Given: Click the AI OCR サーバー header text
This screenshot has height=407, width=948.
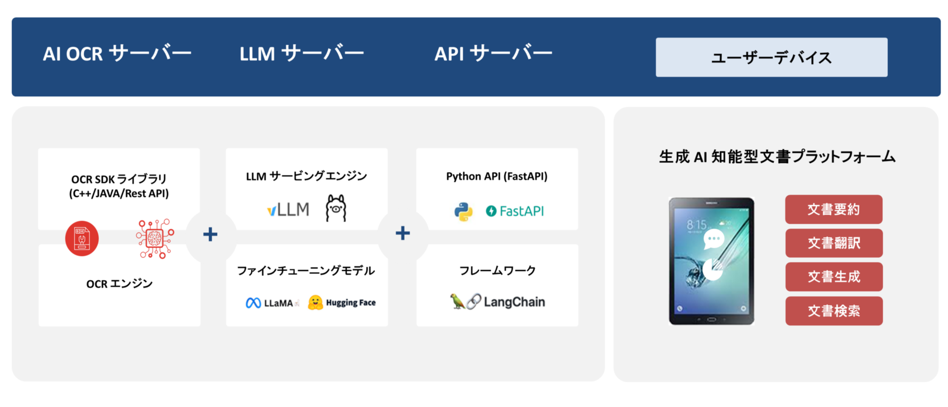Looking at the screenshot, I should (x=117, y=53).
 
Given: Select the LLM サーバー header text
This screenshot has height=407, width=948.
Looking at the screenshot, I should (x=301, y=53).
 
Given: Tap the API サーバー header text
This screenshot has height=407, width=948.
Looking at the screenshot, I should (x=493, y=53).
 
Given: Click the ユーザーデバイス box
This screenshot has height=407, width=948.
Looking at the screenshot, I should (x=771, y=57).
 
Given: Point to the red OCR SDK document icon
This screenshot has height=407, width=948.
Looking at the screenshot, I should (x=82, y=238).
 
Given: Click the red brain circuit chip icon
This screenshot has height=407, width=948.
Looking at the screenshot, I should (x=155, y=238).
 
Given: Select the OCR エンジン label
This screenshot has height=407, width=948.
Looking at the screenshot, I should (x=119, y=284).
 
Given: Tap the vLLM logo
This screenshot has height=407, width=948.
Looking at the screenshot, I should (x=288, y=210).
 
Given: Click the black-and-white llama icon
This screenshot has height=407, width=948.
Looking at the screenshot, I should (x=336, y=208).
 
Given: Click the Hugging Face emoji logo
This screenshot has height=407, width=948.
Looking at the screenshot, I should (x=316, y=302).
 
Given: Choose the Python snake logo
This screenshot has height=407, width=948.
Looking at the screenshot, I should (x=463, y=212).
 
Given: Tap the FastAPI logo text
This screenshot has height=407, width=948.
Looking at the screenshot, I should (x=515, y=212).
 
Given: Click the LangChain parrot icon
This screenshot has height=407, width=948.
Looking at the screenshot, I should (x=457, y=301).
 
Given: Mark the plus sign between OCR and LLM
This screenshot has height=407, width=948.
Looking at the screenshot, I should (x=210, y=234).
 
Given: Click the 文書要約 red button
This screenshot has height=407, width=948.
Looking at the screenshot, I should (x=833, y=209).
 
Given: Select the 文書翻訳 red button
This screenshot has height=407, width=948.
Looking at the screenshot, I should (x=833, y=243).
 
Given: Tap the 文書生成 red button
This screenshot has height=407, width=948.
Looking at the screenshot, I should (x=833, y=276).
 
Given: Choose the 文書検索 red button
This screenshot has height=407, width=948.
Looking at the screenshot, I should (x=833, y=311).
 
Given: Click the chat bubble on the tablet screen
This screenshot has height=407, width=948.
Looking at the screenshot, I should (x=713, y=239).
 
